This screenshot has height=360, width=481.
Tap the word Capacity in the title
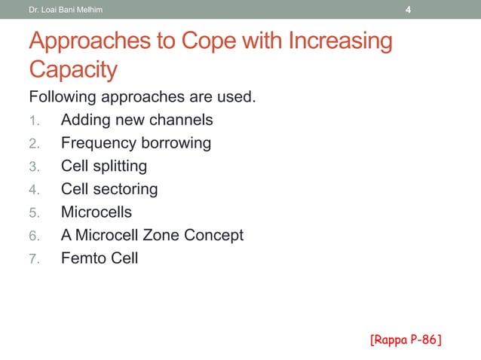tap(73, 70)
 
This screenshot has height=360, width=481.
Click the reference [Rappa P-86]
tap(406, 340)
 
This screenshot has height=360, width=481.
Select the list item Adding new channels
tap(136, 120)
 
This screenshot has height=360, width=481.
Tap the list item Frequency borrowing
tap(136, 143)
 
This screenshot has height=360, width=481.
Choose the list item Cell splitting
tap(104, 166)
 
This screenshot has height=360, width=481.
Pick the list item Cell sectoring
tap(109, 189)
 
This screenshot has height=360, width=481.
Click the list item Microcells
tap(97, 212)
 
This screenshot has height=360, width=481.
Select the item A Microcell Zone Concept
tap(152, 235)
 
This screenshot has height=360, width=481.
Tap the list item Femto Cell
tap(100, 258)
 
